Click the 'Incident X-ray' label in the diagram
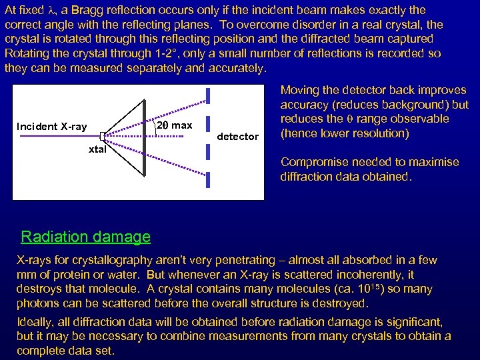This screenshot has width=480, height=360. (x=51, y=127)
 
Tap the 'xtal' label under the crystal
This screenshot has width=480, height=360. (x=97, y=149)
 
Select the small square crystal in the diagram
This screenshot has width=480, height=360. (x=103, y=135)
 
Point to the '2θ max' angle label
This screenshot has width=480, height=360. (x=174, y=125)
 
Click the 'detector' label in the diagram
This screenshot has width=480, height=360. (x=238, y=137)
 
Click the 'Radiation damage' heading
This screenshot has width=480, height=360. (x=85, y=237)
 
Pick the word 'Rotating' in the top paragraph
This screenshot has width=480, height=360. (x=26, y=54)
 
